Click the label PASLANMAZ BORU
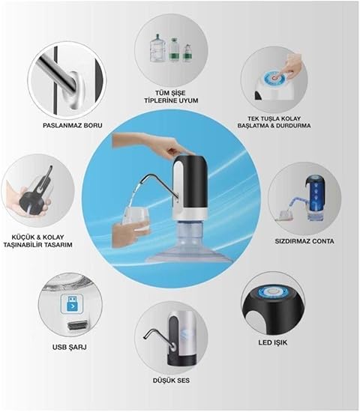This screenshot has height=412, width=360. coord(73,125)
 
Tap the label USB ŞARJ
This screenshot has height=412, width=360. coord(70,348)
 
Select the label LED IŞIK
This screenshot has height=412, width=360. coord(273,342)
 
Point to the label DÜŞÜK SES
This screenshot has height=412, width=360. coord(171,381)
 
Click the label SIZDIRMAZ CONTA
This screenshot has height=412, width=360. coord(304,241)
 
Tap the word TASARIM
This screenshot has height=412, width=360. coord(58,245)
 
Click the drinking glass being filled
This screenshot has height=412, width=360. coord(136,220)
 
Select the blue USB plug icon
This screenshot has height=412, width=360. coord(72,303)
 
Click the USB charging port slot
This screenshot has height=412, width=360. coord(78,326)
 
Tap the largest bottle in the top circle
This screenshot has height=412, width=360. coord(157,48)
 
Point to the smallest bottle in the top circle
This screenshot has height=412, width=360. coord(187,53)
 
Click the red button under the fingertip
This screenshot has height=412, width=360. coord(275,78)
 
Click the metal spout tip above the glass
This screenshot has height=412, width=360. coord(141,181)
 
